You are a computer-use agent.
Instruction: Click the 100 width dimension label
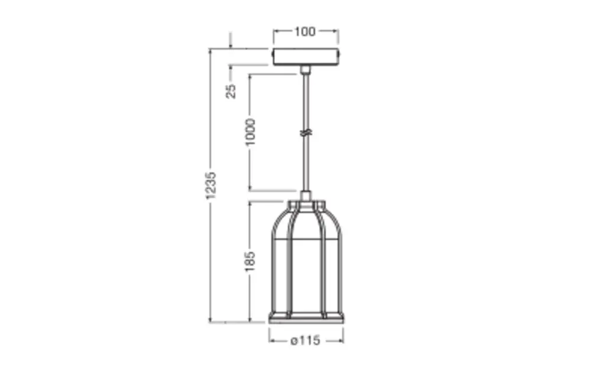[x=304, y=32]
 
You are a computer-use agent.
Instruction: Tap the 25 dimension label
[x=231, y=91]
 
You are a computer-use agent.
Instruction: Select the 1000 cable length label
[x=250, y=132]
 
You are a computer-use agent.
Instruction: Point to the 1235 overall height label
[x=211, y=185]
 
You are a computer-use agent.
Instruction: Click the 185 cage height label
[x=250, y=261]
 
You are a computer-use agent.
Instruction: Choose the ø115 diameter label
[x=306, y=341]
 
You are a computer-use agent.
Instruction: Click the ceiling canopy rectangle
[x=306, y=57]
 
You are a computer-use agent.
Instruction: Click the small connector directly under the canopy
[x=306, y=70]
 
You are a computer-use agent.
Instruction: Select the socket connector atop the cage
[x=306, y=196]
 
